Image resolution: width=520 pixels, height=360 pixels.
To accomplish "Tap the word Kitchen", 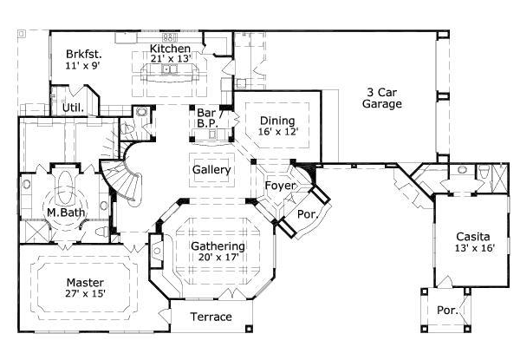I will point(170,48).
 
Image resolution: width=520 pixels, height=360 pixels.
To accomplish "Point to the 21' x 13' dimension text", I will point(170,59).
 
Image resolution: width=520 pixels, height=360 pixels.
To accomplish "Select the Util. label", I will point(72,108).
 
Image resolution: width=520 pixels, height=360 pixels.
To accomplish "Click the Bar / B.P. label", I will point(206,118).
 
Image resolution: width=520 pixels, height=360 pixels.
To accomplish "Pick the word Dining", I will point(276,121).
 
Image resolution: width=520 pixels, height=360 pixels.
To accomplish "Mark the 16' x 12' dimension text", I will point(276,133).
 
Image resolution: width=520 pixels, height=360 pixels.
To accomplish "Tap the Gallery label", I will point(211,170).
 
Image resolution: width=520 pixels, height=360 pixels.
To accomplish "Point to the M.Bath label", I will point(63,213).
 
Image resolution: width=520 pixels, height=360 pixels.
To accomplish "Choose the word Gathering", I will point(218,246).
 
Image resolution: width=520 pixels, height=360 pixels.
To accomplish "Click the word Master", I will point(85,283).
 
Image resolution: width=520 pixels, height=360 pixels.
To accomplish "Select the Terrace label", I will point(211,317).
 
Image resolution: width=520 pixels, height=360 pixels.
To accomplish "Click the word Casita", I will point(472,236).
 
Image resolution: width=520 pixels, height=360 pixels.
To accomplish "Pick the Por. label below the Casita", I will point(447,310).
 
